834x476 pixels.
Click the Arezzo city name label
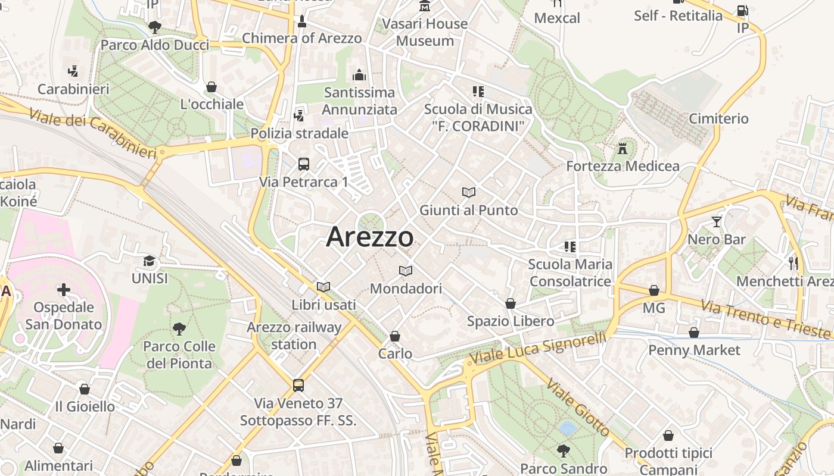[369, 237]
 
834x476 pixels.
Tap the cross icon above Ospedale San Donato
[64, 290]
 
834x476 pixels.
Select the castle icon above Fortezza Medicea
[623, 148]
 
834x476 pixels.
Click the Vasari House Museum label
[425, 32]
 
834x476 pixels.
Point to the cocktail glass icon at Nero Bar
[716, 222]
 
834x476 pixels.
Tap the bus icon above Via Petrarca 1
[303, 164]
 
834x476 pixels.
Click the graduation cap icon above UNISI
[149, 261]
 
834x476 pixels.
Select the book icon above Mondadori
[406, 271]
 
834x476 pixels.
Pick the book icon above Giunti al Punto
[469, 192]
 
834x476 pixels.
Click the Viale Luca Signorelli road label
[537, 347]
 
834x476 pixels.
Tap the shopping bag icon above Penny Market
[694, 333]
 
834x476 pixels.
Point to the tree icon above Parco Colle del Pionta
[179, 328]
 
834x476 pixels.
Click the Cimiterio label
[718, 118]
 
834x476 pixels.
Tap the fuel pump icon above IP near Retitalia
[742, 11]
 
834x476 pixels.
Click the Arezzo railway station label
[294, 336]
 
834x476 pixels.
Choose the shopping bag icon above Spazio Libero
[511, 303]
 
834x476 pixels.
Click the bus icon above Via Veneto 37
[298, 386]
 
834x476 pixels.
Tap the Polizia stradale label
[299, 133]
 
